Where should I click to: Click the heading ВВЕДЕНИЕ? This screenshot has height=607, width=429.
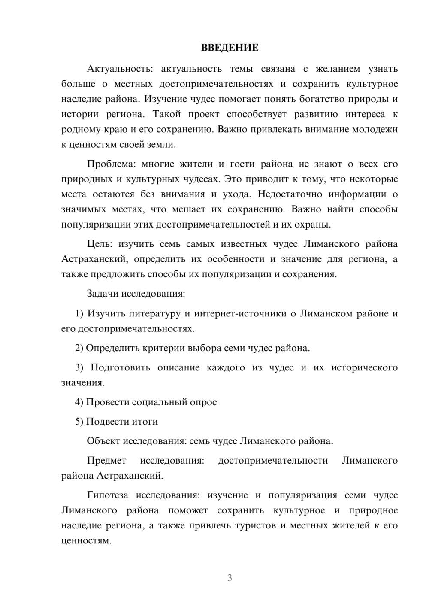[230, 48]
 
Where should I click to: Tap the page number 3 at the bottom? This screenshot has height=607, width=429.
[230, 578]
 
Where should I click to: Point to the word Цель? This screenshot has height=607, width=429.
[99, 244]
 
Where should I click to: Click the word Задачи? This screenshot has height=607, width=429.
[103, 294]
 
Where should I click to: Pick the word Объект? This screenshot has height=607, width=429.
[103, 441]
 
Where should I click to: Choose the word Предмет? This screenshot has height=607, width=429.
[106, 461]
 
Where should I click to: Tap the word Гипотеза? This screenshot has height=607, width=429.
[107, 495]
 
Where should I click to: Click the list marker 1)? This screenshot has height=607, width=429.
[79, 313]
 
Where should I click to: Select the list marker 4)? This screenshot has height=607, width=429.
[79, 402]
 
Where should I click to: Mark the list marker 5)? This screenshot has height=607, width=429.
[79, 422]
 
